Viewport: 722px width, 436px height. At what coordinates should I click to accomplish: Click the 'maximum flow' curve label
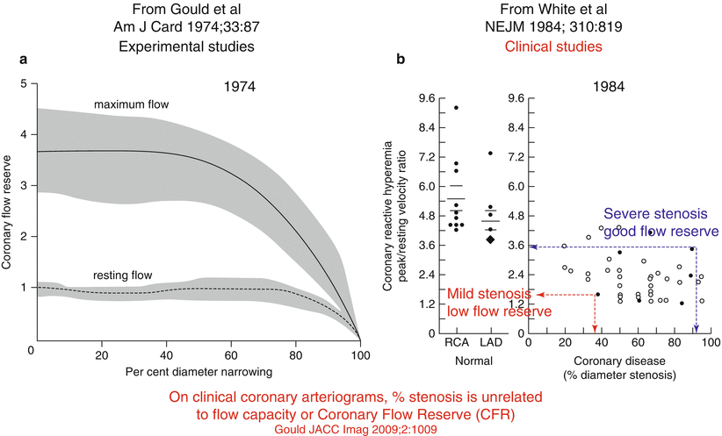pos(132,105)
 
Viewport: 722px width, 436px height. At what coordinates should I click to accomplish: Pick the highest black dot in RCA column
pos(455,108)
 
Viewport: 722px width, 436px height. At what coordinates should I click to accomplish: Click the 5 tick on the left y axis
pos(21,83)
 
